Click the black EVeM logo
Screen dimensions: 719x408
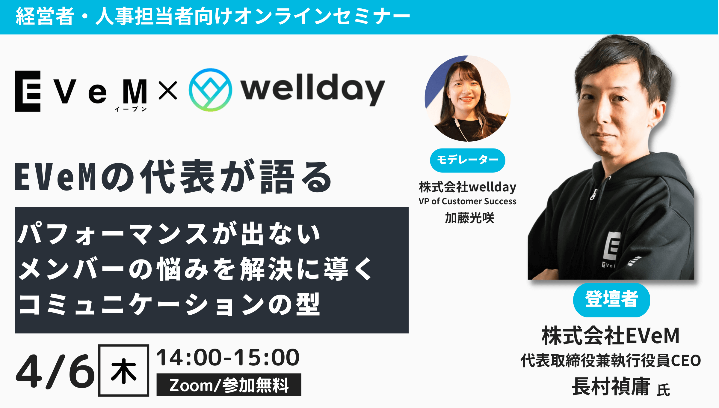(81, 91)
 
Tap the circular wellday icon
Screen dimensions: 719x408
(210, 90)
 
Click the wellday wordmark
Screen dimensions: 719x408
(312, 89)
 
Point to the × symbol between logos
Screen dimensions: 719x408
(168, 90)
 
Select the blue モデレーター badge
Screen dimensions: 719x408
(467, 160)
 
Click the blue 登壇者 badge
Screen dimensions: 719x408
(611, 300)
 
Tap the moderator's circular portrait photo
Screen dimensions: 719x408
(468, 98)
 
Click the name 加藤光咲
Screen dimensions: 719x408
(469, 218)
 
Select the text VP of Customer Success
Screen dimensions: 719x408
(467, 201)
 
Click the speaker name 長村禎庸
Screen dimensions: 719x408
(611, 386)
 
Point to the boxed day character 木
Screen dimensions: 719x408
(124, 370)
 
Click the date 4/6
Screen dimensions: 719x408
(55, 371)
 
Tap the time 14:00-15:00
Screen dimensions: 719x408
(228, 358)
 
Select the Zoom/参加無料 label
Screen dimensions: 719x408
(229, 385)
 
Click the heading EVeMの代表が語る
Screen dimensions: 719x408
(173, 177)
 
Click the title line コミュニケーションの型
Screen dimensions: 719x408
(169, 304)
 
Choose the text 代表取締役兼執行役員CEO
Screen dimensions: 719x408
(611, 360)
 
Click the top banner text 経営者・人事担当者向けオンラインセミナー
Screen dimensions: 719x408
(213, 16)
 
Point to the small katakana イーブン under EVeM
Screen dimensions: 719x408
(131, 109)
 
